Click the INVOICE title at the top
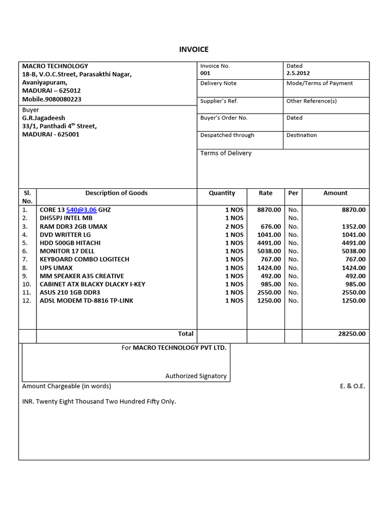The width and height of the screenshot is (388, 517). pos(194,49)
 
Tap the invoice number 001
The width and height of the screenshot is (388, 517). pos(205,73)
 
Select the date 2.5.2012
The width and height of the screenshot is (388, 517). pos(298,73)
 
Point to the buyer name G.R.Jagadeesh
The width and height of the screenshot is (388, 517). pos(43,118)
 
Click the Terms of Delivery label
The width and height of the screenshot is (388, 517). pos(226,153)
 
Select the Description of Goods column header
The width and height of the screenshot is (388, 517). pos(116,193)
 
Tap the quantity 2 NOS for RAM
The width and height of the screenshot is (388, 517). pos(234,227)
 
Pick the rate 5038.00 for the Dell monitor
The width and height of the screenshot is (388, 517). pos(269,251)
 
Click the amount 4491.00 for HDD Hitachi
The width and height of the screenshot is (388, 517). pos(354,243)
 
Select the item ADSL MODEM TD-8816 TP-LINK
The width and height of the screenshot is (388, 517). pos(86,300)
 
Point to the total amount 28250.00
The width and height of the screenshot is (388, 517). pos(352,334)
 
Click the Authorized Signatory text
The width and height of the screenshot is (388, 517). pos(196,376)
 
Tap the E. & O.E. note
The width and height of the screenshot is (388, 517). pos(352,386)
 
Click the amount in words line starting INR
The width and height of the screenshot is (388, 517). pos(99,402)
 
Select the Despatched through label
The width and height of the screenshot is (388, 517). pos(227,135)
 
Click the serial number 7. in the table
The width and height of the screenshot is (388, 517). pos(25,259)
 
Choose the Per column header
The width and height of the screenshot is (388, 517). pos(293,193)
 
